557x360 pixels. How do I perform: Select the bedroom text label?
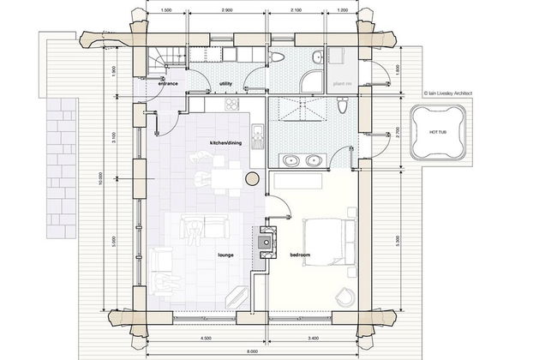point(301,255)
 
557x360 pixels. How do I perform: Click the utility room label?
point(226,83)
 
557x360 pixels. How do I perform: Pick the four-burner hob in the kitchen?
point(231,105)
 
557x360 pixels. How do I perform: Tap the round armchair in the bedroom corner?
point(343,294)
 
